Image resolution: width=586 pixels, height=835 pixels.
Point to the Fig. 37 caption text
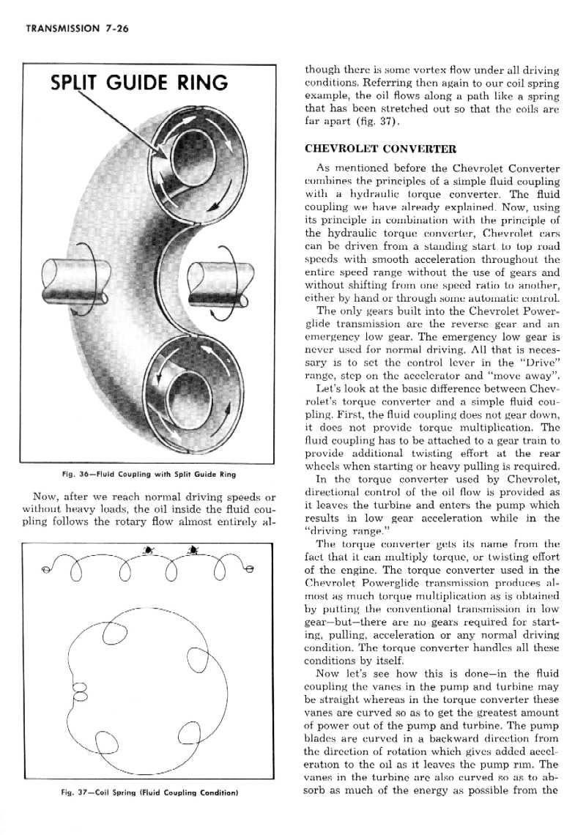152,792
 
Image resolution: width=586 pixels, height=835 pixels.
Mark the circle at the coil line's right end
249,568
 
